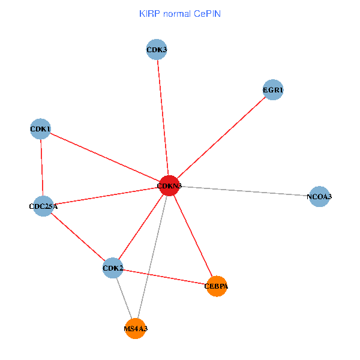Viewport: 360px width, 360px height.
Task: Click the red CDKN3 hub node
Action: [x=169, y=186]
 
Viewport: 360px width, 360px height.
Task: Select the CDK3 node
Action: [x=157, y=49]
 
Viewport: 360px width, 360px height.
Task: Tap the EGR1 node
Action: [x=273, y=91]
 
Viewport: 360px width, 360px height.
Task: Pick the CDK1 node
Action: [x=40, y=129]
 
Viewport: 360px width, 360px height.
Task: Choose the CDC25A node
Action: [x=43, y=206]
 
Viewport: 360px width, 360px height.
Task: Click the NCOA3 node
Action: [x=319, y=196]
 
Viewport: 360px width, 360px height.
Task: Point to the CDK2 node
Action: [x=113, y=268]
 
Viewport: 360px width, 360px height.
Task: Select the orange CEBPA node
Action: [x=216, y=286]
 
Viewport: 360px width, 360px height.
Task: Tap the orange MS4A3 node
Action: [x=136, y=328]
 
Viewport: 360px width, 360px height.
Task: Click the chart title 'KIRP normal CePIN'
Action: [x=179, y=13]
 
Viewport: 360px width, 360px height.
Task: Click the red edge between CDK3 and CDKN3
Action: [x=163, y=118]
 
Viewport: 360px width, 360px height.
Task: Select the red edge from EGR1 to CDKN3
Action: [x=221, y=139]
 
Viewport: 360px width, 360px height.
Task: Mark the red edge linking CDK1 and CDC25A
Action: [x=41, y=168]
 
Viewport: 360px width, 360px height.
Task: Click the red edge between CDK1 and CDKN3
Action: [x=104, y=157]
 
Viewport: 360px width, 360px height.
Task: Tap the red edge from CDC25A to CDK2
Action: [x=78, y=237]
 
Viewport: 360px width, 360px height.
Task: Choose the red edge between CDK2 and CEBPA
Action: [x=164, y=277]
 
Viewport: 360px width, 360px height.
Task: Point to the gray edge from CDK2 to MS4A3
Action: [x=124, y=298]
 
